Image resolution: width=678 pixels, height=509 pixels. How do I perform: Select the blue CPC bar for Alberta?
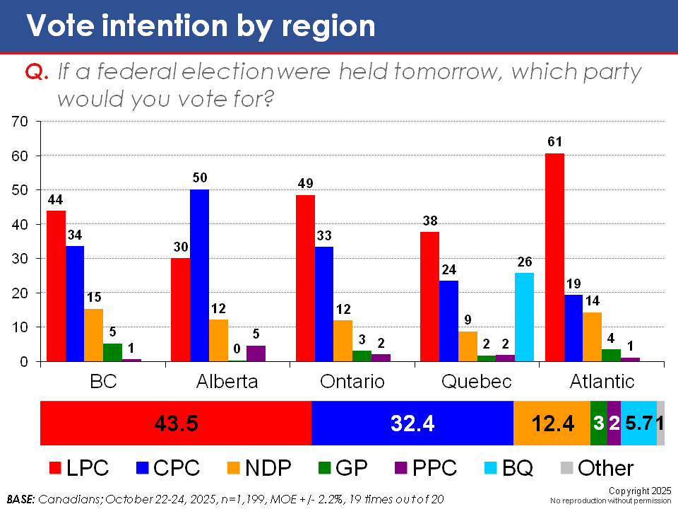[199, 276]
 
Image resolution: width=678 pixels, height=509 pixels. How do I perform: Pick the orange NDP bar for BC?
[94, 335]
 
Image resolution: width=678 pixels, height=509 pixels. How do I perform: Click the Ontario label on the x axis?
[352, 382]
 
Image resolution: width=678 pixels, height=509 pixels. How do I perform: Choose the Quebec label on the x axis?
[477, 382]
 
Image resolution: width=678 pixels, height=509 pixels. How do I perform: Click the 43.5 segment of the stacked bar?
[176, 423]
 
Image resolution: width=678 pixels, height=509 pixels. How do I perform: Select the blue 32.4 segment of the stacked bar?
[412, 423]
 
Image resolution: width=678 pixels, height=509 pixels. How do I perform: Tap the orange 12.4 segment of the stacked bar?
[552, 423]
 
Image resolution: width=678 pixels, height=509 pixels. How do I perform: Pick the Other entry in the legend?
[597, 468]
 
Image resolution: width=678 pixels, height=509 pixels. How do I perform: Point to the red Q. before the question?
[35, 74]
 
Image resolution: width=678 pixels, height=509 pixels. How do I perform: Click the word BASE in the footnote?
[22, 499]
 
